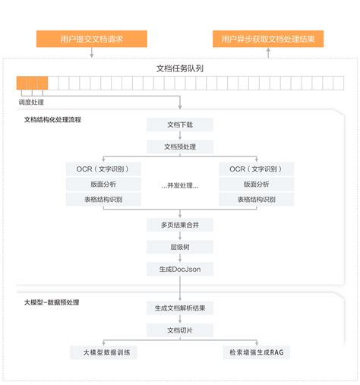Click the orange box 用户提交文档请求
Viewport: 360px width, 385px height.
[x=91, y=39]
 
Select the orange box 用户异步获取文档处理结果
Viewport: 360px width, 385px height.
[x=267, y=39]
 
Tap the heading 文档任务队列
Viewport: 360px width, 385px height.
[x=180, y=68]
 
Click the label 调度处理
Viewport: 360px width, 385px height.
[x=32, y=101]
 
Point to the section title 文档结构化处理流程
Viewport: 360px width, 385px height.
[x=52, y=120]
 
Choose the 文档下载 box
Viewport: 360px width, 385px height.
[x=180, y=125]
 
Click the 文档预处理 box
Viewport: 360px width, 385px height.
[x=180, y=147]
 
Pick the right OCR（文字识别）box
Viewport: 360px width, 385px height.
[x=256, y=169]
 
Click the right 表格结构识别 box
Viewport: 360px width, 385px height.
[x=256, y=199]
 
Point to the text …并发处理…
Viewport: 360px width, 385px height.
[x=180, y=185]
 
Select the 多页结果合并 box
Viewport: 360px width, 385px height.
[x=180, y=225]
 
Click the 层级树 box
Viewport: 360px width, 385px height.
[x=180, y=247]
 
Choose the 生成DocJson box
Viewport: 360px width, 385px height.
[x=180, y=269]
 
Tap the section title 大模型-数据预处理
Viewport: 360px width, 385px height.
[x=52, y=302]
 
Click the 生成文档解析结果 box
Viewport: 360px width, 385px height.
[x=180, y=308]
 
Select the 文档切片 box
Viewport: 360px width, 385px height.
[x=180, y=330]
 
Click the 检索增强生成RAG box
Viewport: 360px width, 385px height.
[x=256, y=352]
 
